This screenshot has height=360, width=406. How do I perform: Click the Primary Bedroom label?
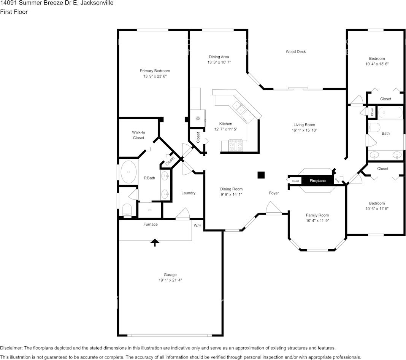[x=155, y=71]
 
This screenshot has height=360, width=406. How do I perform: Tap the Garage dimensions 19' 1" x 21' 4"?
[x=170, y=280]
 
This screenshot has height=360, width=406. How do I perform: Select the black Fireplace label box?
[x=317, y=181]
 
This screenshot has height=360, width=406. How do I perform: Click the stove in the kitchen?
[x=236, y=145]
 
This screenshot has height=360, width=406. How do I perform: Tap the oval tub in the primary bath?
[x=128, y=172]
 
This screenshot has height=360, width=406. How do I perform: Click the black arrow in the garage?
[x=155, y=242]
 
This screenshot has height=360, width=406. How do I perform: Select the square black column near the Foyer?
[x=261, y=175]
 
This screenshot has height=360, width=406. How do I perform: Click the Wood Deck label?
[x=296, y=52]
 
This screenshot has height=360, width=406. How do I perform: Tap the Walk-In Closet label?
[x=138, y=135]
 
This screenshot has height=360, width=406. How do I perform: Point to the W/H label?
[x=198, y=225]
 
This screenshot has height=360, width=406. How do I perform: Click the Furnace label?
[x=151, y=224]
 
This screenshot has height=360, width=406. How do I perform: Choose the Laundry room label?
[x=188, y=193]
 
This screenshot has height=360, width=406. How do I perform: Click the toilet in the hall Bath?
[x=374, y=127]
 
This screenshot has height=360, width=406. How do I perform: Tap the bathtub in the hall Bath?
[x=390, y=113]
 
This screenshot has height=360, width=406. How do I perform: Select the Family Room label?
[x=317, y=215]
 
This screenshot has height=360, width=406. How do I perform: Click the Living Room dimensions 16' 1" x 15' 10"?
[x=304, y=130]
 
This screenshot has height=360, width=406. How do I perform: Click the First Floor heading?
[x=14, y=12]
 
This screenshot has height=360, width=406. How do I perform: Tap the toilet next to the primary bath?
[x=127, y=209]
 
